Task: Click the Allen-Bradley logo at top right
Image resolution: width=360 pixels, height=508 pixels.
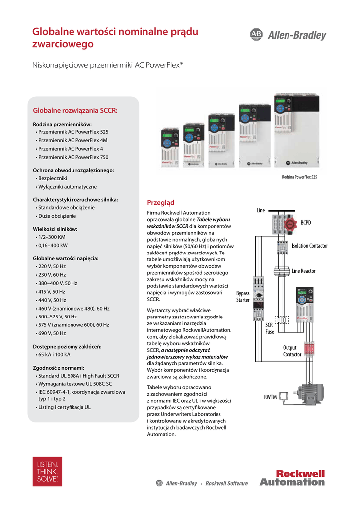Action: point(288,35)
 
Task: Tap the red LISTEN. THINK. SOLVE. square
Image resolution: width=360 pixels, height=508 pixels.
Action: point(47,471)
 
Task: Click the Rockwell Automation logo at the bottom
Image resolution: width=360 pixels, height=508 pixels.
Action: point(292,478)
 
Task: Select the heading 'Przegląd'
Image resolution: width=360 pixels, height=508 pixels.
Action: point(161,202)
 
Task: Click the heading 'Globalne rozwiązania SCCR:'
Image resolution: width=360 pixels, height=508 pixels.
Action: point(75,110)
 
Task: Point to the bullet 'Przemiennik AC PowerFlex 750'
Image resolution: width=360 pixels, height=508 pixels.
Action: point(73,157)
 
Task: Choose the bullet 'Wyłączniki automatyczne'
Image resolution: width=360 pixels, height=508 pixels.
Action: point(68,187)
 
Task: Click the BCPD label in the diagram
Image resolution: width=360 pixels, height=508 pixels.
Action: point(306,223)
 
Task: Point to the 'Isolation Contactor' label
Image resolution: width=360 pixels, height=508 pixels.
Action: point(310,246)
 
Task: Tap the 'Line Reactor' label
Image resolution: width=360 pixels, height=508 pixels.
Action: point(304,271)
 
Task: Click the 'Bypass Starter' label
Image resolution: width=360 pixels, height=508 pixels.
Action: point(243,297)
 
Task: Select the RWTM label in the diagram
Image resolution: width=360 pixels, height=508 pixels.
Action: point(270,397)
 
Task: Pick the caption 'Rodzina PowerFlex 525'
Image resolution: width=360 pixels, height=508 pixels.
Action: point(299,177)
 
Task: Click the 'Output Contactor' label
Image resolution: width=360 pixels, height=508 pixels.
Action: point(292,351)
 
